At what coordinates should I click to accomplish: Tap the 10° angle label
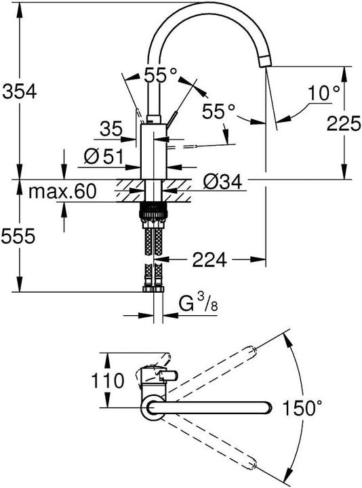tap(322, 92)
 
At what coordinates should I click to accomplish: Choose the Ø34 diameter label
tap(222, 182)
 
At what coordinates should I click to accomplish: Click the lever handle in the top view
tap(168, 375)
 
